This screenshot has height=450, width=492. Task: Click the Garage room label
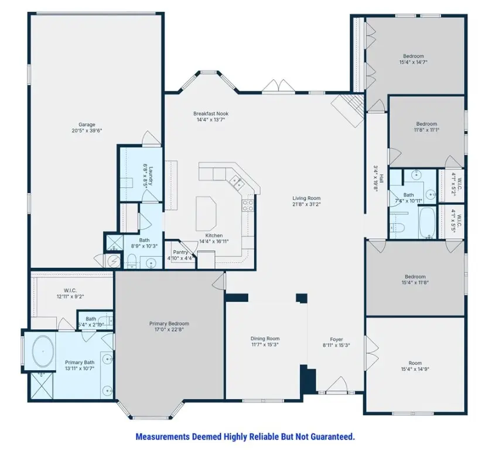point(87,124)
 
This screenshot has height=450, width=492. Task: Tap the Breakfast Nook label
point(211,113)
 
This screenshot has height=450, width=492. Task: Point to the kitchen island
point(206,209)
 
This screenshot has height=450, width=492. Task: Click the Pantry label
point(180,252)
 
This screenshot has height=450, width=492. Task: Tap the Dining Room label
point(265,338)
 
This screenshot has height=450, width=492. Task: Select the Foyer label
point(336,339)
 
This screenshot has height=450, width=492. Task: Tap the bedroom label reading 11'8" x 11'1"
point(426,130)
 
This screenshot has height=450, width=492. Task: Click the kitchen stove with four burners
point(247,205)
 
